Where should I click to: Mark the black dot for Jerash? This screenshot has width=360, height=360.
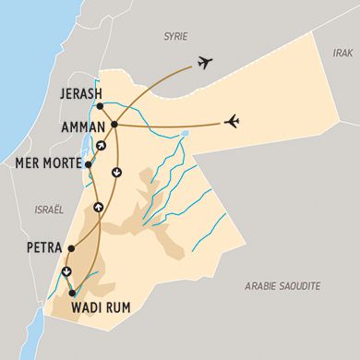(100, 106)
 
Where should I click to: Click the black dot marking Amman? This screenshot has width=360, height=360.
(114, 124)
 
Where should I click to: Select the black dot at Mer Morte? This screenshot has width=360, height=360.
(88, 164)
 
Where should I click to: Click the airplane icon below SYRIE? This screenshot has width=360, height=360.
(204, 64)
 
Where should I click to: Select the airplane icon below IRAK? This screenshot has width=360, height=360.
(233, 121)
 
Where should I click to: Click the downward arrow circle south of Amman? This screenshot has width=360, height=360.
(116, 171)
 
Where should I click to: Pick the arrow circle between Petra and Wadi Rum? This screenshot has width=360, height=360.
(66, 271)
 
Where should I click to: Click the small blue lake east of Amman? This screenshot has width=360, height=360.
(186, 133)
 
